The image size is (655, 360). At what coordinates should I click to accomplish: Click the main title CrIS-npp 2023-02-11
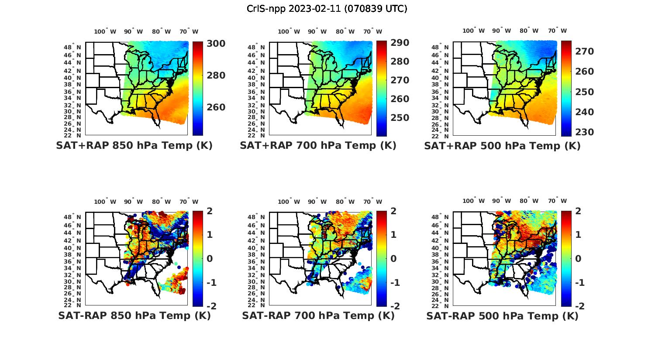(327, 9)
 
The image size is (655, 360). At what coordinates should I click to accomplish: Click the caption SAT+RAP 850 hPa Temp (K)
(134, 146)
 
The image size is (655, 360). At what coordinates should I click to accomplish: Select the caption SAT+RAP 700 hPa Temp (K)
(318, 146)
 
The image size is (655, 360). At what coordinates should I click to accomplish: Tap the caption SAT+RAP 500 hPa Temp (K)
(502, 146)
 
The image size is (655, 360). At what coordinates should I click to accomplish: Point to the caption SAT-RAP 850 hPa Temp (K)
(134, 316)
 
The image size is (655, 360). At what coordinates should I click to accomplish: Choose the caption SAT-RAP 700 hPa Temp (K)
(318, 316)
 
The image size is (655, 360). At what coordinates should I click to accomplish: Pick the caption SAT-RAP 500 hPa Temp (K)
(502, 316)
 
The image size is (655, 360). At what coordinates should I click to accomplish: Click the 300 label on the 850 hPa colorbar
(216, 44)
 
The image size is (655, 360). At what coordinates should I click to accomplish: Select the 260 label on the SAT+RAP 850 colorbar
(216, 107)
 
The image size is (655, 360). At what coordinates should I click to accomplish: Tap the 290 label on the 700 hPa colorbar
(400, 43)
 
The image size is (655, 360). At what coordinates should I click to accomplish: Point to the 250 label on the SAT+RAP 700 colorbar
(400, 118)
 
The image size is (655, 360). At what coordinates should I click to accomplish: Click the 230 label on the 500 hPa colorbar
(585, 132)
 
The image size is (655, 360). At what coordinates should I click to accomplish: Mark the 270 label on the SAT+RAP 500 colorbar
(585, 51)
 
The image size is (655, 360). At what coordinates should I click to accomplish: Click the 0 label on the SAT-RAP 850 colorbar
(210, 259)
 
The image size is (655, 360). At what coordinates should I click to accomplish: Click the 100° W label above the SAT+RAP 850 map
(105, 31)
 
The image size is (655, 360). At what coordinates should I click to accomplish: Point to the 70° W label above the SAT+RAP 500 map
(558, 31)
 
